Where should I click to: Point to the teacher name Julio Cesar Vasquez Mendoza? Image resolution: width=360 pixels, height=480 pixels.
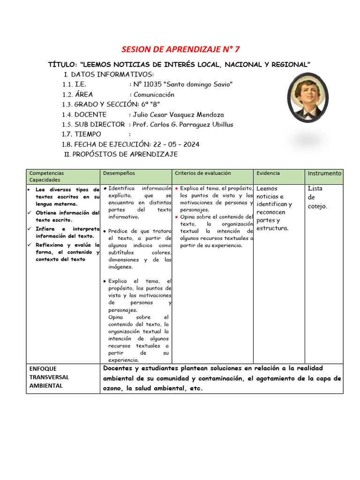pyautogui.click(x=178, y=114)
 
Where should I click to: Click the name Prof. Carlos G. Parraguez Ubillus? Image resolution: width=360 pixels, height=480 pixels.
pyautogui.click(x=183, y=124)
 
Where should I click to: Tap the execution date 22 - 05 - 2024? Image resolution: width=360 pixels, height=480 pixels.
pyautogui.click(x=174, y=144)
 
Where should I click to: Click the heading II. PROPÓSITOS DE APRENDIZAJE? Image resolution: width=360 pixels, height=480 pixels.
pyautogui.click(x=121, y=154)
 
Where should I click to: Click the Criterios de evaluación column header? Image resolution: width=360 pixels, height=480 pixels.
pyautogui.click(x=202, y=173)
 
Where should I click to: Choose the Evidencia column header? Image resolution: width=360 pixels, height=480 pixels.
pyautogui.click(x=268, y=173)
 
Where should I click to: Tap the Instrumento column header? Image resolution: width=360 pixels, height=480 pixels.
pyautogui.click(x=324, y=173)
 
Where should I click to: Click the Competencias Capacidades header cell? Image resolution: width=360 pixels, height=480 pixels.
pyautogui.click(x=46, y=176)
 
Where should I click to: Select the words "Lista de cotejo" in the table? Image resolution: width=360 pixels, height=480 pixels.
pyautogui.click(x=317, y=197)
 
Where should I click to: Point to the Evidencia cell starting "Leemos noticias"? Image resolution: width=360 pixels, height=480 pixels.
pyautogui.click(x=274, y=209)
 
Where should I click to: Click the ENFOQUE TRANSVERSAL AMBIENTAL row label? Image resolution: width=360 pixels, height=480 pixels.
pyautogui.click(x=49, y=377)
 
